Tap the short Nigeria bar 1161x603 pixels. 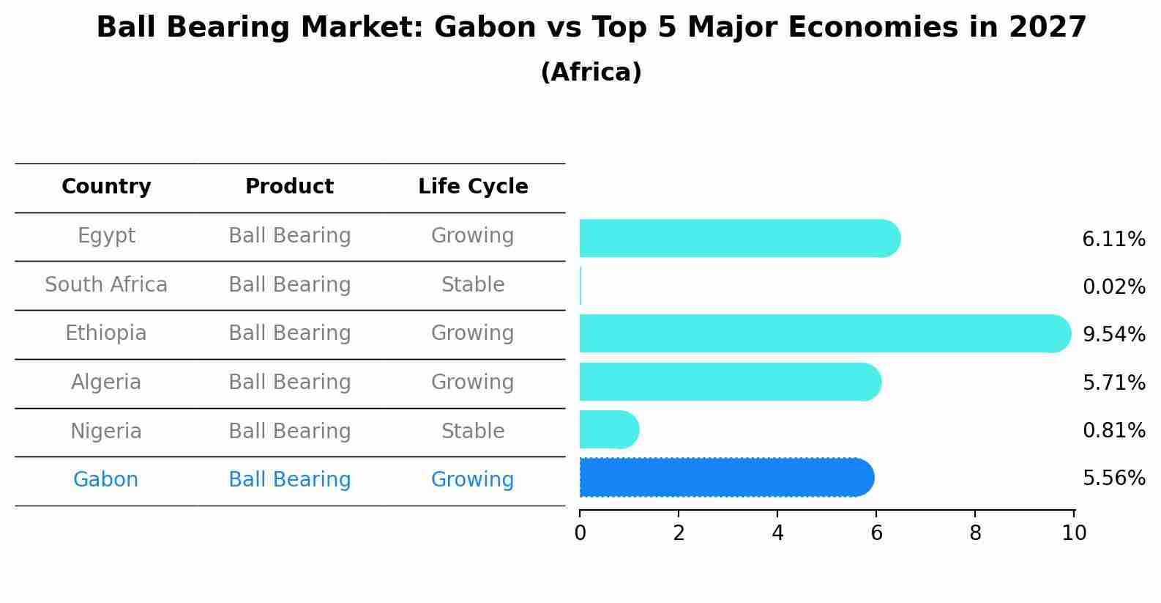pos(608,429)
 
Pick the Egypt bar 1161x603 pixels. pos(739,238)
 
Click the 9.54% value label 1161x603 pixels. pos(1113,335)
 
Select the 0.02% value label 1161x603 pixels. pos(1113,287)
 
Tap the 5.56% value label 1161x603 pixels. pos(1113,478)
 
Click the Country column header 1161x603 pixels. pos(106,187)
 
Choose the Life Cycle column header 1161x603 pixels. pos(473,187)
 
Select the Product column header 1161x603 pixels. pos(289,187)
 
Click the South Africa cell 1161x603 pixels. pos(106,285)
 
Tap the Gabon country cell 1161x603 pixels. pos(105,480)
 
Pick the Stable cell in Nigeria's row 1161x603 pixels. pos(473,432)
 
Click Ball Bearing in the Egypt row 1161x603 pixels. pos(289,236)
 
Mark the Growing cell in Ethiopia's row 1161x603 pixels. pos(473,333)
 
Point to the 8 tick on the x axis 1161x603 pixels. pos(975,533)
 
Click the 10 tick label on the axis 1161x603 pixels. pos(1074,533)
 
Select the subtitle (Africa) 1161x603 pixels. pos(591,73)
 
